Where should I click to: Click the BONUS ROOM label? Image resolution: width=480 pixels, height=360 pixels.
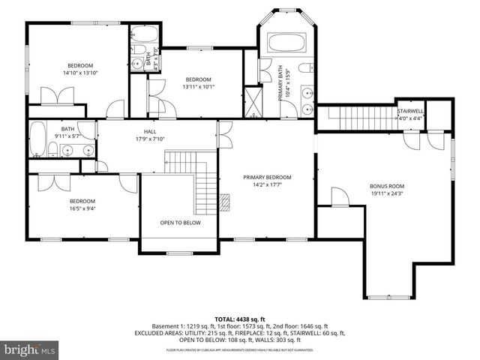coord(386,185)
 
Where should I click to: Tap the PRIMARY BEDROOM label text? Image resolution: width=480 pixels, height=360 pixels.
coord(267,177)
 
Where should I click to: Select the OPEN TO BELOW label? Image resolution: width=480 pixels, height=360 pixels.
coord(180,223)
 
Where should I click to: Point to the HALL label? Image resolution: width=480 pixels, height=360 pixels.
coord(150,130)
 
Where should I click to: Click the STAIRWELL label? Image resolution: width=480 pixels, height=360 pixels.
coord(410,110)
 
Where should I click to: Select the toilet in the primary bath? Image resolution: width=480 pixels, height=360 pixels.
coord(305,68)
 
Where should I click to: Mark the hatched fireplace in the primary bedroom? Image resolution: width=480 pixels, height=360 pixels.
coord(223,200)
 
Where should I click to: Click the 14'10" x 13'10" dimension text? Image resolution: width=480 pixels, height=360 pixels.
coord(81,73)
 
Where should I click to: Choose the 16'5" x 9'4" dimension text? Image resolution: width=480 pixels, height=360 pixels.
coord(82,208)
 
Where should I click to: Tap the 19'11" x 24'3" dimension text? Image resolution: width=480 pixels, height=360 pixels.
coord(386,193)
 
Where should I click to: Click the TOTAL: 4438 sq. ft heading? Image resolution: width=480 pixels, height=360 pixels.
coord(240,319)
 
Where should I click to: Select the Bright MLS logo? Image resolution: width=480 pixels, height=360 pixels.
coord(28,349)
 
